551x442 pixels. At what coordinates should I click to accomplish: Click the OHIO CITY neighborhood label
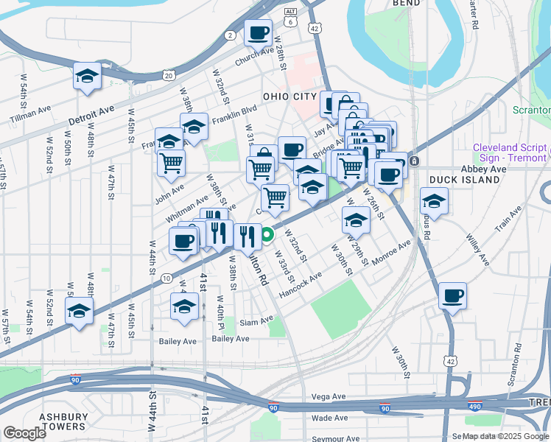click(x=289, y=97)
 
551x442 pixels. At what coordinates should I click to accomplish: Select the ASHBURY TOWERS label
click(x=63, y=421)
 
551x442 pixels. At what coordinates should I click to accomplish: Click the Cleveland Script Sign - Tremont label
click(x=510, y=152)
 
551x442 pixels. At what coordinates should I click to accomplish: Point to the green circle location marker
click(x=268, y=236)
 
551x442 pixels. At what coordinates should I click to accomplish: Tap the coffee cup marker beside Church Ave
click(x=259, y=33)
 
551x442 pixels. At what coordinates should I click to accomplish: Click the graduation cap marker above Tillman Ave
click(x=87, y=76)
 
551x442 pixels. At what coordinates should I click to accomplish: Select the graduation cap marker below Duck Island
click(x=434, y=200)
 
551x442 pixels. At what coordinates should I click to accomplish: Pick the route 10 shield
click(x=167, y=278)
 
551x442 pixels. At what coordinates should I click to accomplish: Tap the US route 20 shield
click(x=169, y=75)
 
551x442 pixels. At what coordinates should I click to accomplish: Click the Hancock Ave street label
click(x=301, y=285)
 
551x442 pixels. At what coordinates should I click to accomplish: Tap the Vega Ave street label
click(x=329, y=396)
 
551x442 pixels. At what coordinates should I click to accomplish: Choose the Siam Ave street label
click(x=256, y=320)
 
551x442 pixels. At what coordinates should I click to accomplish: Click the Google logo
click(x=25, y=432)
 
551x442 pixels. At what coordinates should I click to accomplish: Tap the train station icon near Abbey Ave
click(x=414, y=161)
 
